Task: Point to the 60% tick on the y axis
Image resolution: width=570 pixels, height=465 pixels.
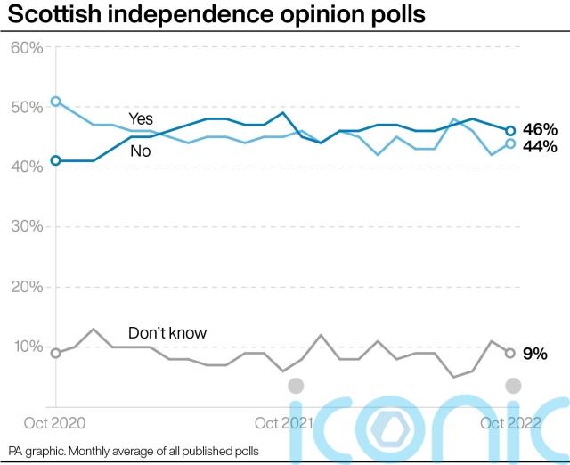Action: pyautogui.click(x=27, y=47)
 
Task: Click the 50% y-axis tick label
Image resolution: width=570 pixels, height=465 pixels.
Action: pyautogui.click(x=27, y=107)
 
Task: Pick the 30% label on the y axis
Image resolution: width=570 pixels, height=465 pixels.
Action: pyautogui.click(x=27, y=226)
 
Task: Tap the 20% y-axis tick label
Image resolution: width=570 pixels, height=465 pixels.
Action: pyautogui.click(x=27, y=287)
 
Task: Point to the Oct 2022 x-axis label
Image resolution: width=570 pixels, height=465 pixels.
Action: pyautogui.click(x=510, y=423)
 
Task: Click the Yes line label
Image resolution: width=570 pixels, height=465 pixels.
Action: pyautogui.click(x=141, y=118)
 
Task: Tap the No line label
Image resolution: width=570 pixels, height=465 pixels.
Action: pyautogui.click(x=140, y=151)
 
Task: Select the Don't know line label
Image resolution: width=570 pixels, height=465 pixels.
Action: pyautogui.click(x=167, y=333)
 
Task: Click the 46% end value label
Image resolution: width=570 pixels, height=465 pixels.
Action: pyautogui.click(x=540, y=129)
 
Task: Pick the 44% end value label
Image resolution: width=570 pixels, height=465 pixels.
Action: pyautogui.click(x=540, y=145)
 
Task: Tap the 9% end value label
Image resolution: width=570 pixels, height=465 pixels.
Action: pyautogui.click(x=534, y=354)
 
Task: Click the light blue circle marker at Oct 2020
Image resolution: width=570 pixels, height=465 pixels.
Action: pyautogui.click(x=56, y=102)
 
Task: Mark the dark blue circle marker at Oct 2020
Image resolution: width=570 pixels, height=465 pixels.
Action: pyautogui.click(x=56, y=160)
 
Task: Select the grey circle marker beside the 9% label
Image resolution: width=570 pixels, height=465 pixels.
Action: pyautogui.click(x=511, y=353)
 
